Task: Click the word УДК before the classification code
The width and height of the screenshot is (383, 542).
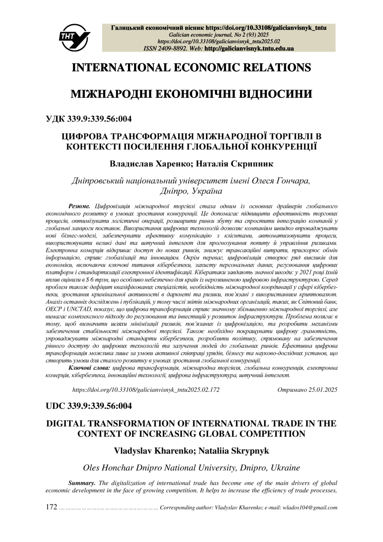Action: point(56,118)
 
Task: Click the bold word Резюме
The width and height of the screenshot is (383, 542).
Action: point(79,205)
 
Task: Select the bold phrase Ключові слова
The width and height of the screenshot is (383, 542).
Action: point(90,368)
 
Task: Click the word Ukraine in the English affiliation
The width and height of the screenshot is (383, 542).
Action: point(285,467)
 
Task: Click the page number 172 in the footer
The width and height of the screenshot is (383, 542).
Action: point(52,507)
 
